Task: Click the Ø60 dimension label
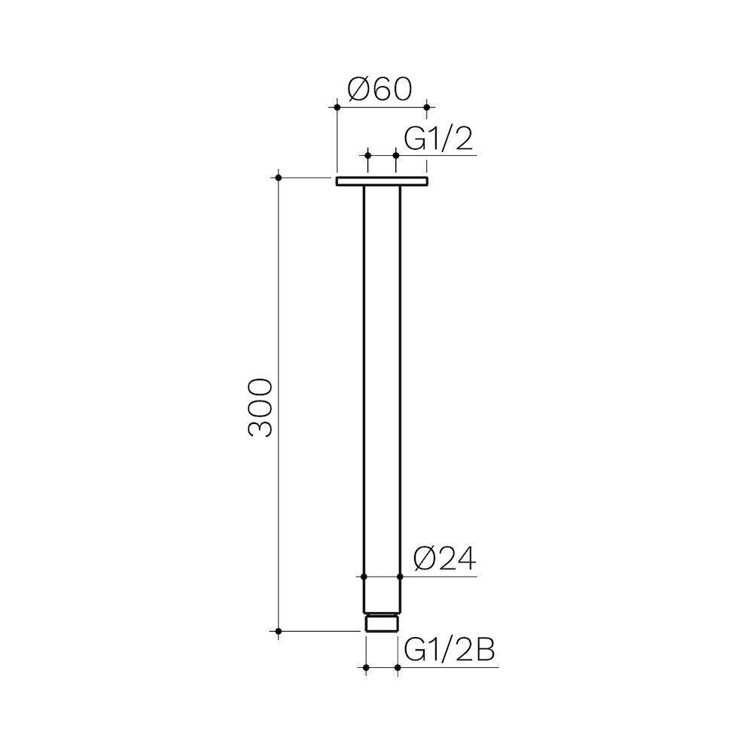[x=380, y=90]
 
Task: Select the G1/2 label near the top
[x=439, y=140]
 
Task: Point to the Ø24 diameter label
[x=445, y=560]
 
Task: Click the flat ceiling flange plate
[x=381, y=181]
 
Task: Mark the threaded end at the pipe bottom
[x=381, y=623]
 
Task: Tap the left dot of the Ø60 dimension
[x=336, y=108]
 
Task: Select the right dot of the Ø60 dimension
[x=427, y=108]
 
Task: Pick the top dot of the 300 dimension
[x=279, y=178]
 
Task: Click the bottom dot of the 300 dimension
[x=279, y=631]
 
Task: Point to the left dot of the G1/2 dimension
[x=367, y=155]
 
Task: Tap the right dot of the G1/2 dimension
[x=396, y=155]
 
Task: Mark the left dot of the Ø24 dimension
[x=364, y=578]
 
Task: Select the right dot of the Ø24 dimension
[x=400, y=578]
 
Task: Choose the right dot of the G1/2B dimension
[x=397, y=667]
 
